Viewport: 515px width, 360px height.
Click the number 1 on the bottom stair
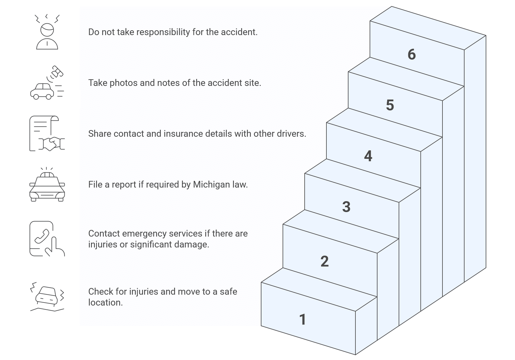[303, 319]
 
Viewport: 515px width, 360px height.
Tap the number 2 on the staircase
[324, 261]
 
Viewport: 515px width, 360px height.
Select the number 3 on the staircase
[346, 207]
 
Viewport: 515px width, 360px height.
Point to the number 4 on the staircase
[368, 156]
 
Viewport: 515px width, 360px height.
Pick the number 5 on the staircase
[390, 105]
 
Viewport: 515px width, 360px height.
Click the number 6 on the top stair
[412, 54]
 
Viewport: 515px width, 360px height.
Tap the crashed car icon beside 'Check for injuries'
[47, 296]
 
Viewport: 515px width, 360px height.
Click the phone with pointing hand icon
[47, 239]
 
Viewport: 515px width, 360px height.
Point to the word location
[105, 303]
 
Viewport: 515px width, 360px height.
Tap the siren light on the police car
[47, 175]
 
